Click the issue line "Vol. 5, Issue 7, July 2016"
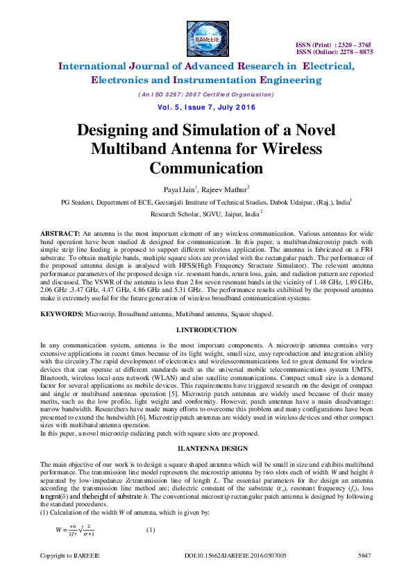[x=206, y=108]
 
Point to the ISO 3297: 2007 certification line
[x=206, y=94]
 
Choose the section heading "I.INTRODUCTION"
[x=207, y=329]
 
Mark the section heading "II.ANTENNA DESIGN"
[x=207, y=448]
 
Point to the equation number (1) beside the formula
[x=151, y=531]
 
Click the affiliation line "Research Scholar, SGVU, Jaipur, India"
[x=205, y=214]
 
